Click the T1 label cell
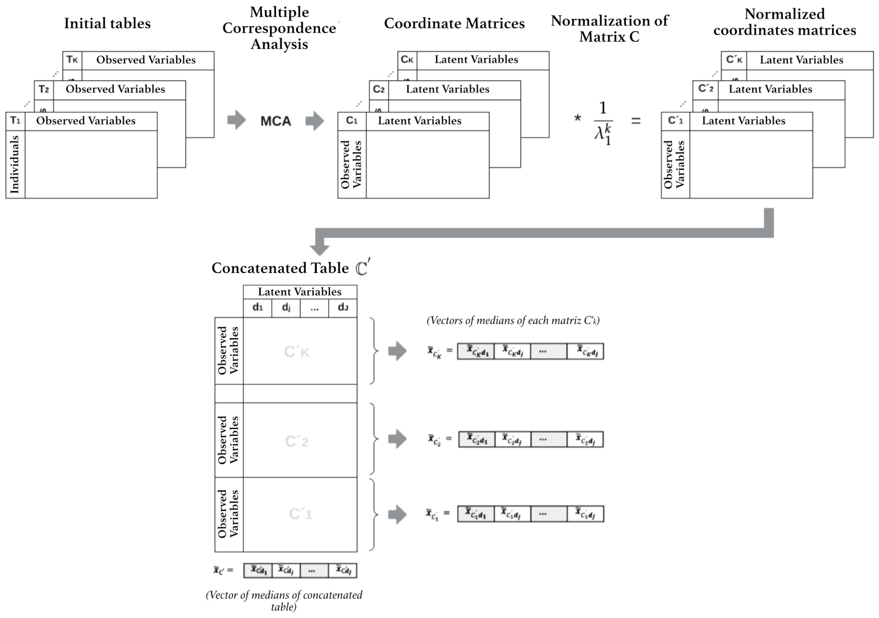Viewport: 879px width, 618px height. tap(15, 121)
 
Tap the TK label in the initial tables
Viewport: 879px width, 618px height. tap(72, 60)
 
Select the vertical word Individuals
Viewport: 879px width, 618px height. tap(15, 164)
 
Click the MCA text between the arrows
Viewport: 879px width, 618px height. tap(276, 121)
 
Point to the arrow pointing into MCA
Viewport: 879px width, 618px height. tap(236, 120)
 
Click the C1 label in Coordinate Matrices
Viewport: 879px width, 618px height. tap(352, 121)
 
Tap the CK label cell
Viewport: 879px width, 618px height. tap(407, 60)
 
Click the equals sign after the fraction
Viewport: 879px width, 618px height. tap(636, 121)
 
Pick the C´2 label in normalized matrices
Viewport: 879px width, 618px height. tap(705, 89)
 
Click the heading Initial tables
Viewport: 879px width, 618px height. tap(107, 24)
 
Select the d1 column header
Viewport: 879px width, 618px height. tap(258, 308)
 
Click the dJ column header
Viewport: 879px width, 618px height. tap(343, 308)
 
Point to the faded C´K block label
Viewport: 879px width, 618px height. tap(297, 351)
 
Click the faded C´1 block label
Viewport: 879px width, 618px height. tap(301, 514)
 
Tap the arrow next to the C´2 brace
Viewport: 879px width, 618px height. tap(397, 439)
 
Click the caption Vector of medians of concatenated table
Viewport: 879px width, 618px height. tap(284, 601)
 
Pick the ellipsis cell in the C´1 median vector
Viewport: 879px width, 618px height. tap(548, 514)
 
